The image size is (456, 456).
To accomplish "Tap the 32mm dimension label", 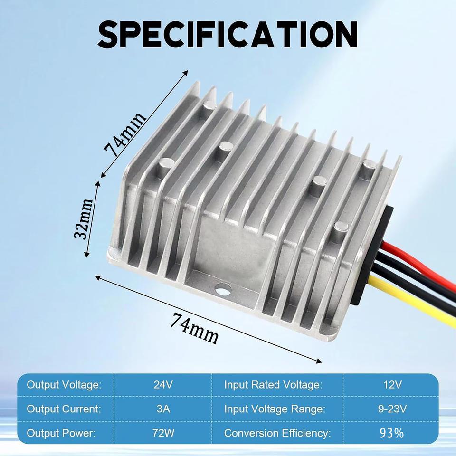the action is tap(85, 218).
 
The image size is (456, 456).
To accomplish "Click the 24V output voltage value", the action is tap(162, 385).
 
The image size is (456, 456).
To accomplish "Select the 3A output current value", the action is tap(162, 409).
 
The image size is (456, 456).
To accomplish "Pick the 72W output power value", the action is tap(162, 433).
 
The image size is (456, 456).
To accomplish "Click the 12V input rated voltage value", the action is tap(392, 385).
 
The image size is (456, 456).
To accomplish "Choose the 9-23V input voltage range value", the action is tap(392, 409).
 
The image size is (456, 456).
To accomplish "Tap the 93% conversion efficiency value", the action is tap(392, 433).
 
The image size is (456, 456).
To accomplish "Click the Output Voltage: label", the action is tap(64, 385).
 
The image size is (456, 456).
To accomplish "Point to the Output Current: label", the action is tap(64, 409).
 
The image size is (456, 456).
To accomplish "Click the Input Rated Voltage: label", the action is tap(273, 385).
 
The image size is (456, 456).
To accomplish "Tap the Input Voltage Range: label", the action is tap(275, 409).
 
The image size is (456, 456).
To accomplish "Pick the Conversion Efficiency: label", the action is tap(277, 433).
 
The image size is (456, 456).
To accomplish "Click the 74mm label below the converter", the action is tap(195, 328).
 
